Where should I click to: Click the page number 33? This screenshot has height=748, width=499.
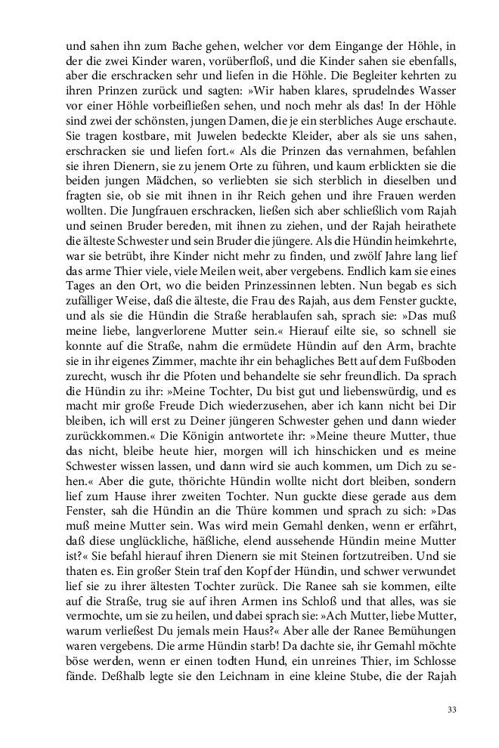[452, 709]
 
